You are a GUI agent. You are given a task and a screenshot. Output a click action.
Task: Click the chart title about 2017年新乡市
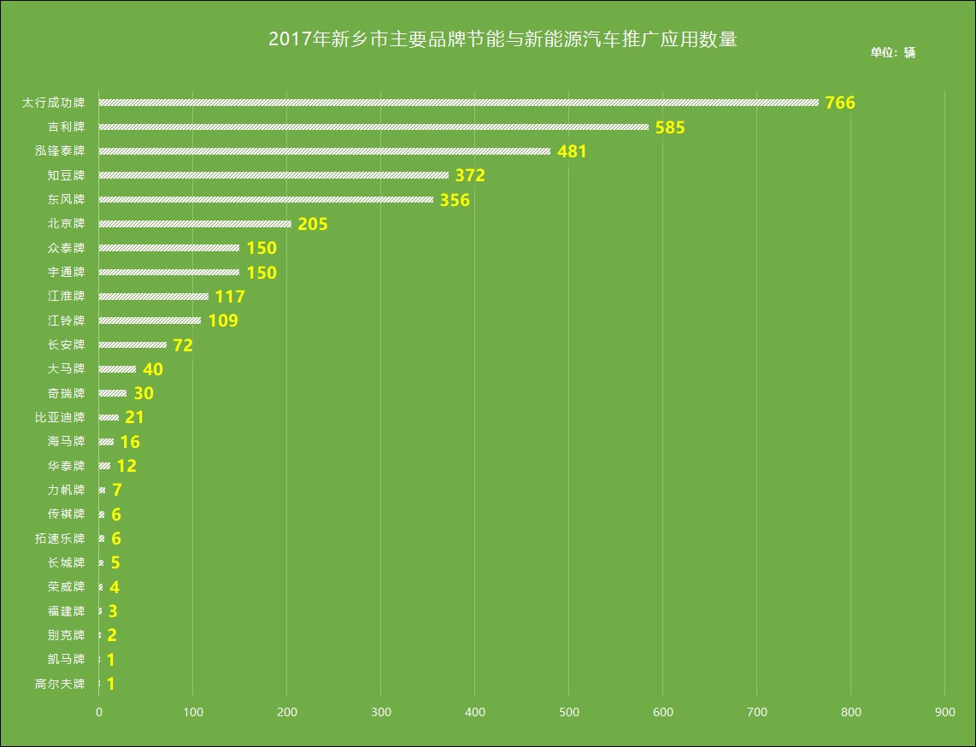click(502, 39)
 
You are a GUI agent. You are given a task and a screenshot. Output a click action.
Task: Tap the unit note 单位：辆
click(893, 52)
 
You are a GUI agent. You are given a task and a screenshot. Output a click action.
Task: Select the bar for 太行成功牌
click(458, 103)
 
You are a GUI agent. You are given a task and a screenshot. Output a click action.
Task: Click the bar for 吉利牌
click(373, 127)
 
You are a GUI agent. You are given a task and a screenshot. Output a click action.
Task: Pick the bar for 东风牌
click(266, 200)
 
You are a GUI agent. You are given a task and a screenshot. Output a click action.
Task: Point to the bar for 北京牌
click(195, 224)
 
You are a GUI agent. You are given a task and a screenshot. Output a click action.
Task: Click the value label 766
click(840, 103)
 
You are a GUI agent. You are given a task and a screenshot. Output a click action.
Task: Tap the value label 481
click(572, 152)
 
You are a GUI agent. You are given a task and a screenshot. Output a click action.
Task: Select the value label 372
click(470, 176)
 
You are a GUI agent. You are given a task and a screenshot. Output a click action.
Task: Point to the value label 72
click(183, 346)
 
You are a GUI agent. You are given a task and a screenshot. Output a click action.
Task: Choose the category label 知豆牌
click(67, 176)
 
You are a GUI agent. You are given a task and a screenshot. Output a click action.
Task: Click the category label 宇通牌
click(67, 273)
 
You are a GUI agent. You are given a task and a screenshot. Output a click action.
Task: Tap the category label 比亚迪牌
click(60, 418)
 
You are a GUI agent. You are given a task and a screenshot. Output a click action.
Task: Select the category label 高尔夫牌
click(60, 684)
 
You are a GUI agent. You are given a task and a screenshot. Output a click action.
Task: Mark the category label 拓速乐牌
click(60, 538)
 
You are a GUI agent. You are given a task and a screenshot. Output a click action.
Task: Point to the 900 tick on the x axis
click(944, 712)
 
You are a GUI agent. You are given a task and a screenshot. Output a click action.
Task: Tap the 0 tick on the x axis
click(99, 712)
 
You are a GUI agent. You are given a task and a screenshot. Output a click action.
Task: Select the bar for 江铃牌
click(150, 321)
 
